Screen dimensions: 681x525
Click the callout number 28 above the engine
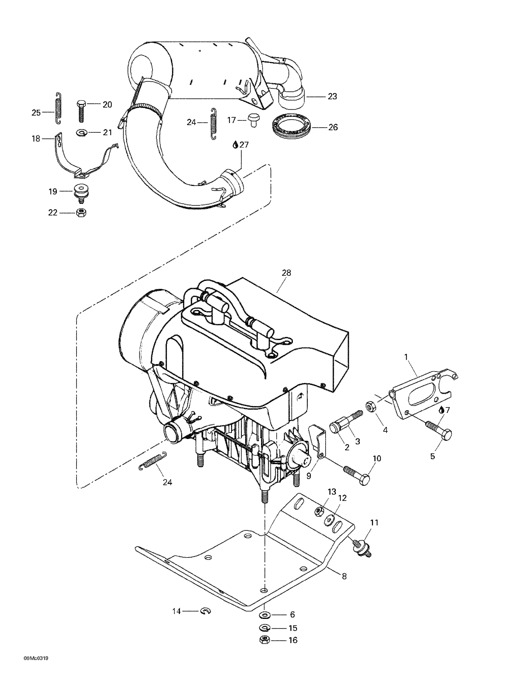point(286,273)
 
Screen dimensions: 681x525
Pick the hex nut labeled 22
point(81,213)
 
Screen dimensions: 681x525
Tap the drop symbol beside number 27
point(236,145)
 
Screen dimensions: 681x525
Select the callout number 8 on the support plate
point(344,576)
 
